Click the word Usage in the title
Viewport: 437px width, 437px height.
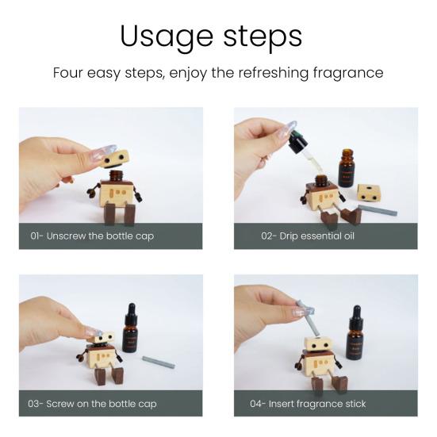click(165, 36)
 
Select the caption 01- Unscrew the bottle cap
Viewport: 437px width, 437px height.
click(92, 236)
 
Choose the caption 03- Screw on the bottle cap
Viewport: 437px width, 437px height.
click(93, 403)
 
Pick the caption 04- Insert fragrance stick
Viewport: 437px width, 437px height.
click(309, 403)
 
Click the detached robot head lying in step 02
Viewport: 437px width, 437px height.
click(367, 193)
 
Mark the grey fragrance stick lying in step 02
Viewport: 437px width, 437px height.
click(377, 211)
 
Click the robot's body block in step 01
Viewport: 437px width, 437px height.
click(120, 195)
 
